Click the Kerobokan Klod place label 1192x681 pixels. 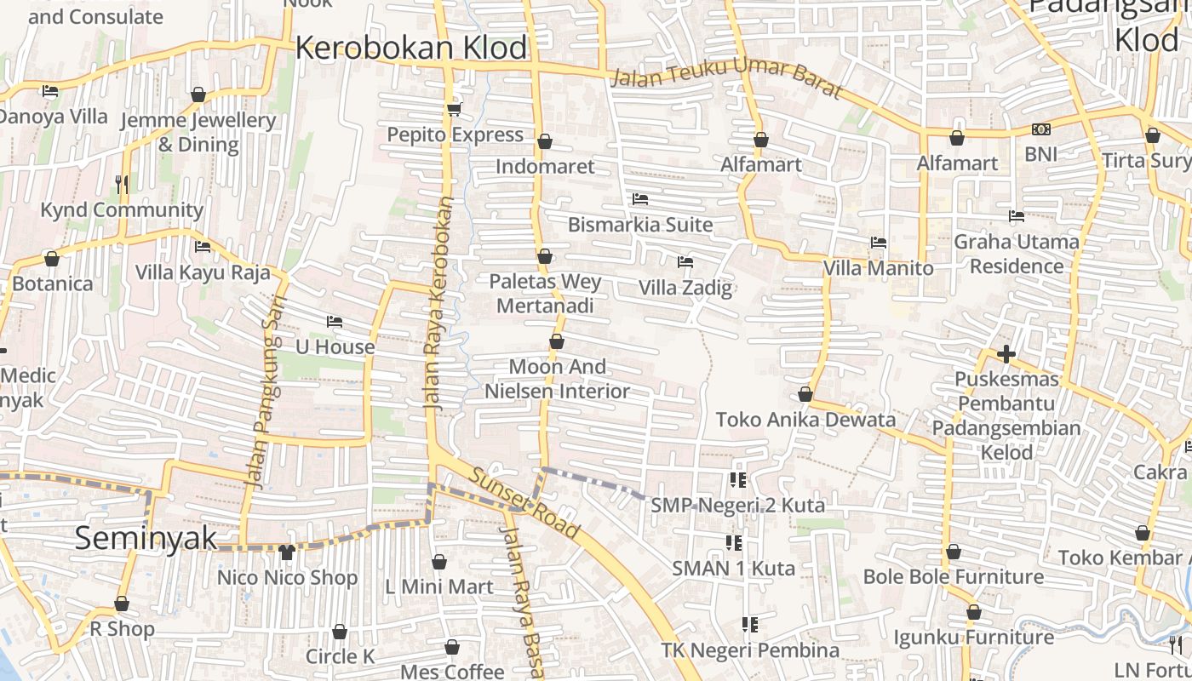411,48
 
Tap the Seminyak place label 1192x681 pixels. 146,538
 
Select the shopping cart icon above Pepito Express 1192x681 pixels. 454,109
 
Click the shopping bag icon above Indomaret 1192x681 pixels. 545,140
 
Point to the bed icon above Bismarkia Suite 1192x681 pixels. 640,199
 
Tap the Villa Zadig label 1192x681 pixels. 685,288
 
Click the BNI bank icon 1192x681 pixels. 1040,129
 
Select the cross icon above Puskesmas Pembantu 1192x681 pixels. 1006,353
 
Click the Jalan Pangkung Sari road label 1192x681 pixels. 264,392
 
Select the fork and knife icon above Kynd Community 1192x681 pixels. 122,184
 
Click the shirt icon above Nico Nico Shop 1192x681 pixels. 286,552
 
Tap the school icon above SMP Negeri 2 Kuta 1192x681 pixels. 737,480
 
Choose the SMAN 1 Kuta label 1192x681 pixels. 733,568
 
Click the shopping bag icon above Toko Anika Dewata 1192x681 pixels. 805,394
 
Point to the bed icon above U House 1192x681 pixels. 335,322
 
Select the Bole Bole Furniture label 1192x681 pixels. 953,577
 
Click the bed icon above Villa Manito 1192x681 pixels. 879,243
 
